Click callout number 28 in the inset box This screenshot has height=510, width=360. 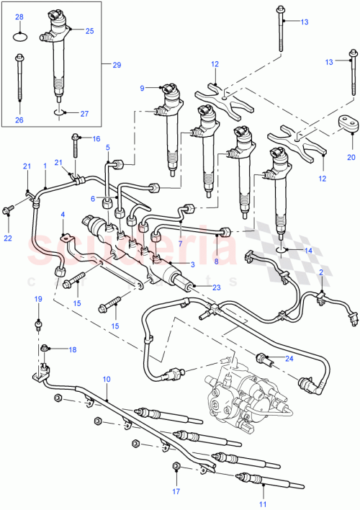(x=19, y=16)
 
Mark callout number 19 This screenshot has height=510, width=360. (x=39, y=299)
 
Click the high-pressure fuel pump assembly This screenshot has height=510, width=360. (x=241, y=391)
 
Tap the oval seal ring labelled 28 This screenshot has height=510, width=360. (x=19, y=32)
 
